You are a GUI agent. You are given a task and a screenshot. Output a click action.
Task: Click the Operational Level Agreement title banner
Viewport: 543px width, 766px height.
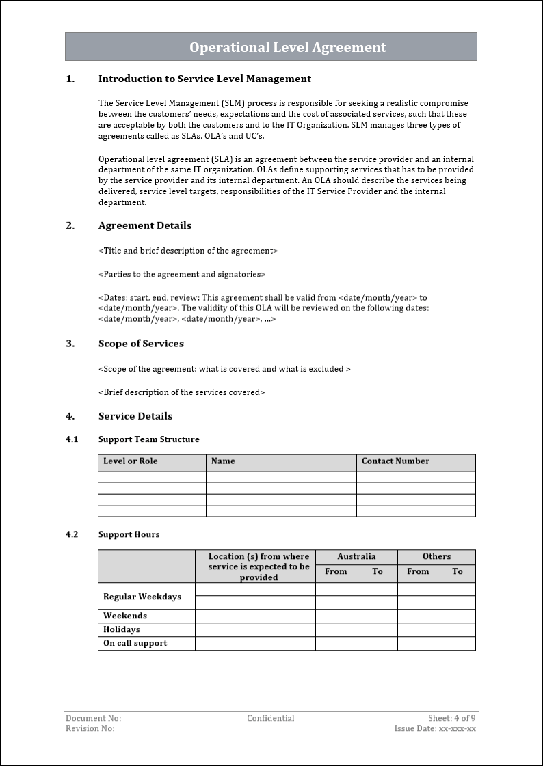pos(287,47)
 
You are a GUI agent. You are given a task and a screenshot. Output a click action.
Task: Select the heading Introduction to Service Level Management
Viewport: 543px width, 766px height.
pos(204,79)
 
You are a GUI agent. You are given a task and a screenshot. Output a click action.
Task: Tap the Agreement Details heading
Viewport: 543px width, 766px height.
pos(145,225)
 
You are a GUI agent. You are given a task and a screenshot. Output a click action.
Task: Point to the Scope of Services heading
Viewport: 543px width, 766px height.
pos(141,344)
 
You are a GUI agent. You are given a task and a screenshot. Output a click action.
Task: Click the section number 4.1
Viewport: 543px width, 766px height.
pos(72,439)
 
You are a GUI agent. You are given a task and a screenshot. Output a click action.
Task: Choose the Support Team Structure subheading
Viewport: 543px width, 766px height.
pos(149,439)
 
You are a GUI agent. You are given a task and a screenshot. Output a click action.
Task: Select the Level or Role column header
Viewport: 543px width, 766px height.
pos(131,461)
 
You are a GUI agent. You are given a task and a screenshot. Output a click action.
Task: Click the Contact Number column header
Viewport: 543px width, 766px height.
pos(395,461)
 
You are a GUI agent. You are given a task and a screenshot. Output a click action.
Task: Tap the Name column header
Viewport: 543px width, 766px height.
pos(223,461)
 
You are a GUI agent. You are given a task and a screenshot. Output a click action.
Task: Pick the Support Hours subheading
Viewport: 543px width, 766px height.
pos(129,534)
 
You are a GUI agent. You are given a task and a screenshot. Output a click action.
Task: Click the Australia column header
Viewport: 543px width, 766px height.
pos(356,556)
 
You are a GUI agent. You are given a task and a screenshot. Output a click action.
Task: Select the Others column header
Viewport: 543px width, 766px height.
pos(436,556)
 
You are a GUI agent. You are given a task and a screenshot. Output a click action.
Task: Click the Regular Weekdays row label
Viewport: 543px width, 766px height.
pos(142,597)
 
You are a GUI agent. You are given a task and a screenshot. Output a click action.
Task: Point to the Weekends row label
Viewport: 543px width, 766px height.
pos(125,616)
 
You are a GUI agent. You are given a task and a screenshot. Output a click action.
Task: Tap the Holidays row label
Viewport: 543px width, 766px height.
pos(122,629)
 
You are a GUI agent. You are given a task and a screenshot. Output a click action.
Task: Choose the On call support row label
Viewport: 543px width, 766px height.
pos(135,643)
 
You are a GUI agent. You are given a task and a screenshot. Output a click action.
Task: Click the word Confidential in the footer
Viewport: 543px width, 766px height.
pos(271,718)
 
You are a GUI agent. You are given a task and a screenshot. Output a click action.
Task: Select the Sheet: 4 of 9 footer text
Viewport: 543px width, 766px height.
pos(451,718)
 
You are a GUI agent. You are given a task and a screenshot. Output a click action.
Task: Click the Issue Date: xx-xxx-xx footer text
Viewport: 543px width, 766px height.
pos(435,728)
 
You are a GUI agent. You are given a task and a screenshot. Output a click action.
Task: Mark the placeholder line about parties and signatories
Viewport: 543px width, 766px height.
pos(182,274)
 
